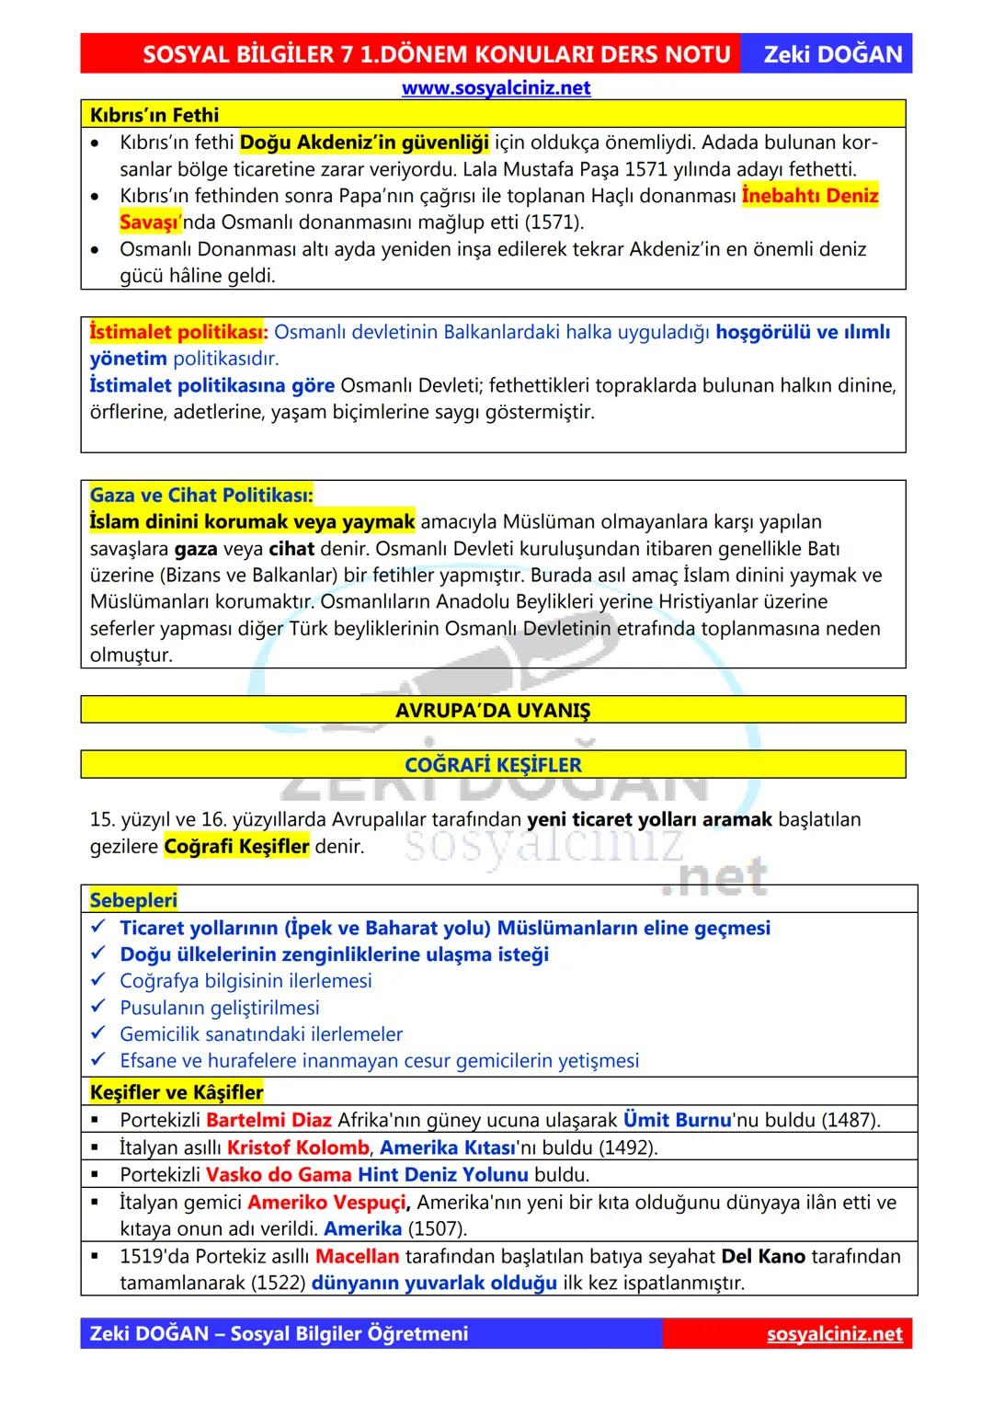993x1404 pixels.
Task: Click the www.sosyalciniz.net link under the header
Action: coord(496,88)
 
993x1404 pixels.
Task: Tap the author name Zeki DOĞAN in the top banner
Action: coord(833,54)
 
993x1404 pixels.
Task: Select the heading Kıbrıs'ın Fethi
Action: coord(154,115)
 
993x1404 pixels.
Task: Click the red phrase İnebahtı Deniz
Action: coord(810,196)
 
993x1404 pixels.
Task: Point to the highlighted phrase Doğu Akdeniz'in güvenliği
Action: coord(364,143)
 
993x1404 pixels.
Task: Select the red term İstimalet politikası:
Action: coord(178,332)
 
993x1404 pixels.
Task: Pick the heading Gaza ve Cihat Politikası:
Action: coord(201,496)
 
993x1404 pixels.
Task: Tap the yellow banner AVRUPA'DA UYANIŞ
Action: coord(493,711)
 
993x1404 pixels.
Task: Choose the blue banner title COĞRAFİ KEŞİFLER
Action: coord(493,765)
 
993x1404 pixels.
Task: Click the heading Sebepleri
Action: coord(133,900)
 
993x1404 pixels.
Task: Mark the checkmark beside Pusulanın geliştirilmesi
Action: coord(98,1008)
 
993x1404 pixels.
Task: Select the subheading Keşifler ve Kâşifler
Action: coord(177,1092)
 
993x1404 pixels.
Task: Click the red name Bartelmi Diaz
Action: coord(268,1120)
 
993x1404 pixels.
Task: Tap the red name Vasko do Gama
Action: coord(279,1174)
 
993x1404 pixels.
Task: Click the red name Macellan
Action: coord(357,1256)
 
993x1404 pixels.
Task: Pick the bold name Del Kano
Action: coord(763,1256)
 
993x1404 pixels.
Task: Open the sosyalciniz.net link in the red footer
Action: coord(834,1334)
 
